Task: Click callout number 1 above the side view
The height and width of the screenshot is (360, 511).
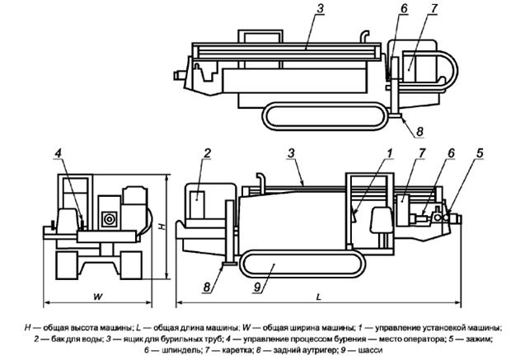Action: [390, 153]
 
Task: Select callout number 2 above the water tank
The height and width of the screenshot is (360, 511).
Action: [208, 153]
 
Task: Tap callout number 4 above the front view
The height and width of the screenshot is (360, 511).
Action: [58, 153]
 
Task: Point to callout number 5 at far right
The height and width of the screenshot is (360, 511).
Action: [480, 153]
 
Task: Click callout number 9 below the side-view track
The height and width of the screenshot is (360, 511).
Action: [257, 288]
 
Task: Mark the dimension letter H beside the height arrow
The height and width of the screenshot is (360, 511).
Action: [162, 226]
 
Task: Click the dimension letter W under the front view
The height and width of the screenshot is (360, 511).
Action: [98, 297]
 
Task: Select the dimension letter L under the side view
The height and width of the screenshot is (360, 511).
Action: [319, 297]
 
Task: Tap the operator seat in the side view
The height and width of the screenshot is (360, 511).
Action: [381, 220]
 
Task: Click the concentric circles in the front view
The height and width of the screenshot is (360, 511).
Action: [109, 219]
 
